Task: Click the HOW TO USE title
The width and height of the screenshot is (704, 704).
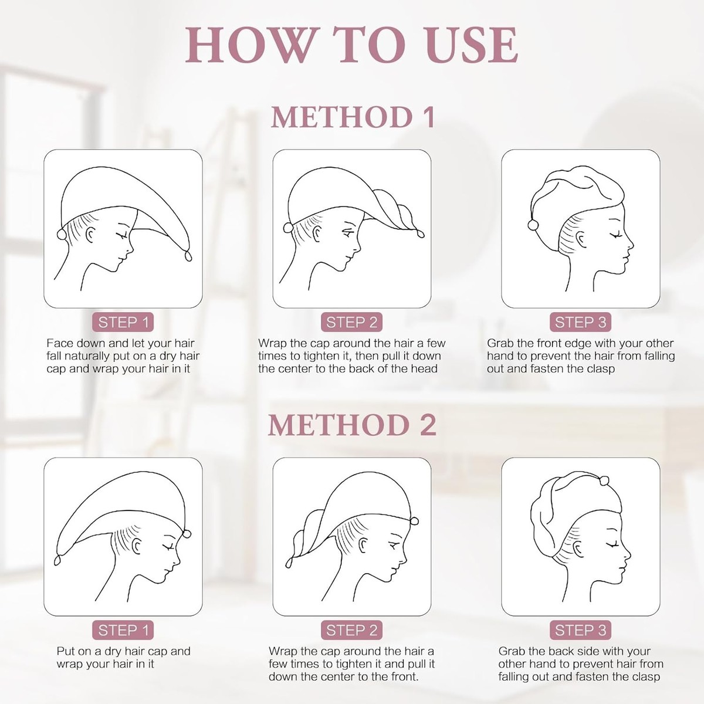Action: click(x=352, y=45)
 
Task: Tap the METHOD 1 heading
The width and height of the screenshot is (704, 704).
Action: click(x=353, y=117)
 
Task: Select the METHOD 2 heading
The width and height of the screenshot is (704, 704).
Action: click(x=352, y=425)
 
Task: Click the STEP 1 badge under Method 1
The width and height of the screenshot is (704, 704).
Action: click(x=123, y=322)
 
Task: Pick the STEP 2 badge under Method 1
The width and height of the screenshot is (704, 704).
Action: click(x=351, y=322)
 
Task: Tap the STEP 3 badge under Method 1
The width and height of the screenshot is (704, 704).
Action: click(x=580, y=322)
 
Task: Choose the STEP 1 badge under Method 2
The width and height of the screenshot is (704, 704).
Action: click(x=123, y=630)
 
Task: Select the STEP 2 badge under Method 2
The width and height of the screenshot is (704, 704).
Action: click(x=351, y=630)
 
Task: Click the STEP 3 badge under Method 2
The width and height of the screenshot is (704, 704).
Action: click(x=580, y=630)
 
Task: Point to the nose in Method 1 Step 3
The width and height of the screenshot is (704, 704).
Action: click(x=629, y=244)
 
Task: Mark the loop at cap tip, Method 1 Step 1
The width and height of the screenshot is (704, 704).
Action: click(x=188, y=256)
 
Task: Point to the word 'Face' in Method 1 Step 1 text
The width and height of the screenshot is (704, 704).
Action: click(x=60, y=343)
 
